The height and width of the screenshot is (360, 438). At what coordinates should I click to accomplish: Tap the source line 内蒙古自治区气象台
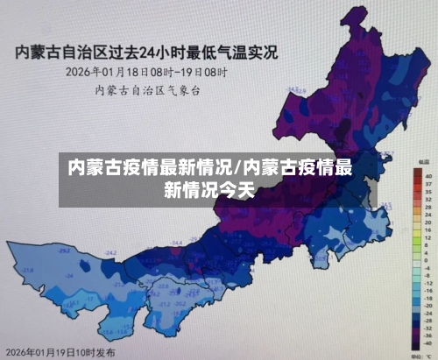[139, 88]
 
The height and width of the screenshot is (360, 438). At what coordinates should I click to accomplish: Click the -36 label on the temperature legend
[428, 335]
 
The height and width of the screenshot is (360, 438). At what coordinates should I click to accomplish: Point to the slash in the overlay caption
[238, 167]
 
